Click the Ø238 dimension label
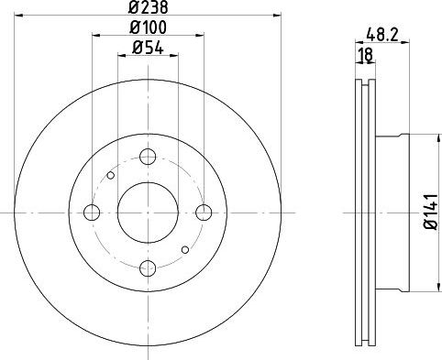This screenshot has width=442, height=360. [147, 7]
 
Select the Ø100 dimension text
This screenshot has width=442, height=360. [147, 29]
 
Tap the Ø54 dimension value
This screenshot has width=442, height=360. [147, 49]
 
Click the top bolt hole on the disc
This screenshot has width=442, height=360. [147, 157]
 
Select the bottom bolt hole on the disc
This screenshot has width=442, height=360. [147, 267]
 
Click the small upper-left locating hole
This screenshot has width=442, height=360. [110, 175]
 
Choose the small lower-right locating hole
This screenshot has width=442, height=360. [184, 249]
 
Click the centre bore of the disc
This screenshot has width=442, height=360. [147, 213]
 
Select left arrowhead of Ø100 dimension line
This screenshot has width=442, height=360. [95, 38]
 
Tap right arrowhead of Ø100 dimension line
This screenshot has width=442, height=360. [199, 38]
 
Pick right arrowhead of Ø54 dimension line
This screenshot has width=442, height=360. [173, 57]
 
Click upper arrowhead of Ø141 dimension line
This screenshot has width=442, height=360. [419, 138]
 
